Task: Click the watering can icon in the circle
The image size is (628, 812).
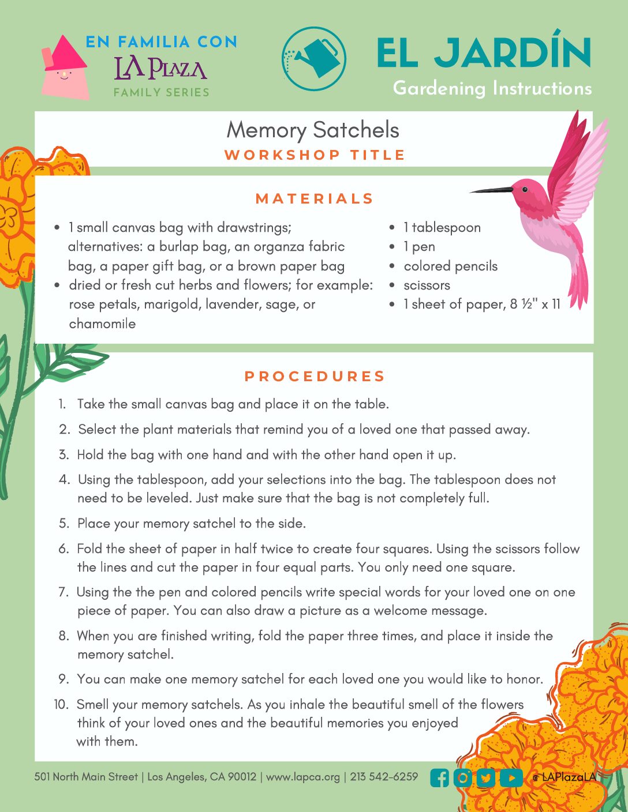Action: click(x=315, y=58)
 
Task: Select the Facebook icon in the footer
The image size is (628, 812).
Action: click(x=440, y=778)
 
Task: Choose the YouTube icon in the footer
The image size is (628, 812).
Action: click(x=511, y=778)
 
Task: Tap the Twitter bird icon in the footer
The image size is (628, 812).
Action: click(x=487, y=778)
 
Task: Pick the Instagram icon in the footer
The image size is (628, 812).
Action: click(x=463, y=778)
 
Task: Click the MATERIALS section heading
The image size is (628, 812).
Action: click(x=315, y=199)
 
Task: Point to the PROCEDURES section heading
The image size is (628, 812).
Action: click(x=315, y=377)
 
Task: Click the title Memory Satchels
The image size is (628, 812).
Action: click(x=313, y=130)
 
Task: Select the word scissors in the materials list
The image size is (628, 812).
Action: click(x=427, y=285)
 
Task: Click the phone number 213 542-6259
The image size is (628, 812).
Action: click(x=384, y=776)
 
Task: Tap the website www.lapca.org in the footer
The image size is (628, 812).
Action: click(x=303, y=777)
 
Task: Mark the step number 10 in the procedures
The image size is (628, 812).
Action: click(x=61, y=704)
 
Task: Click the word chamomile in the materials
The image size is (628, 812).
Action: click(x=102, y=324)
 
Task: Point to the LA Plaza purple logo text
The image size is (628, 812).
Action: click(x=160, y=69)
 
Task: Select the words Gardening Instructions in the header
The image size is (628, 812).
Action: click(x=492, y=88)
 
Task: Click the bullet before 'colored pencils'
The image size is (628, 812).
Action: click(x=392, y=266)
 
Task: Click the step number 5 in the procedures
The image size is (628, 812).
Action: click(x=64, y=524)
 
